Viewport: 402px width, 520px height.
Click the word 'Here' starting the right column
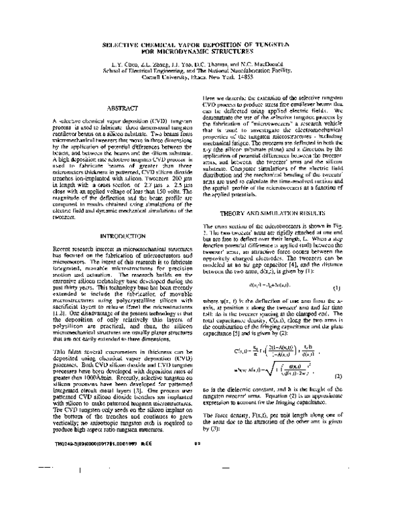210,98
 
